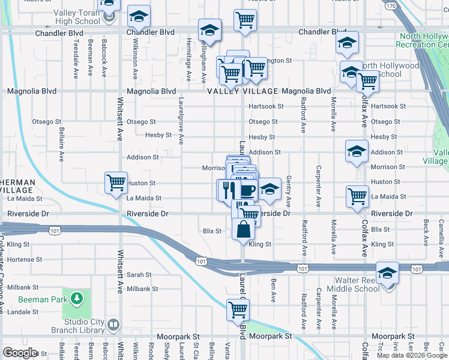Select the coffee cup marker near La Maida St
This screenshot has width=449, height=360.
click(247, 191)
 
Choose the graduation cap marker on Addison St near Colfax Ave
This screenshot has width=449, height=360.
click(357, 151)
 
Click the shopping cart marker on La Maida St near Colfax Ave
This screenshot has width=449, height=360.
click(357, 196)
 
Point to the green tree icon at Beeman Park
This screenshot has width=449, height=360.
click(76, 298)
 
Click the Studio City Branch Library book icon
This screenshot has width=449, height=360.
click(114, 325)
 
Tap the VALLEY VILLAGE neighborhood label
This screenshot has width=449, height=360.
click(243, 91)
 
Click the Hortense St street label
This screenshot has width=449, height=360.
click(24, 260)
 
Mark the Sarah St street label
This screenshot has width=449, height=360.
click(139, 274)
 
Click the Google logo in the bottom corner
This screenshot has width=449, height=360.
click(20, 353)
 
